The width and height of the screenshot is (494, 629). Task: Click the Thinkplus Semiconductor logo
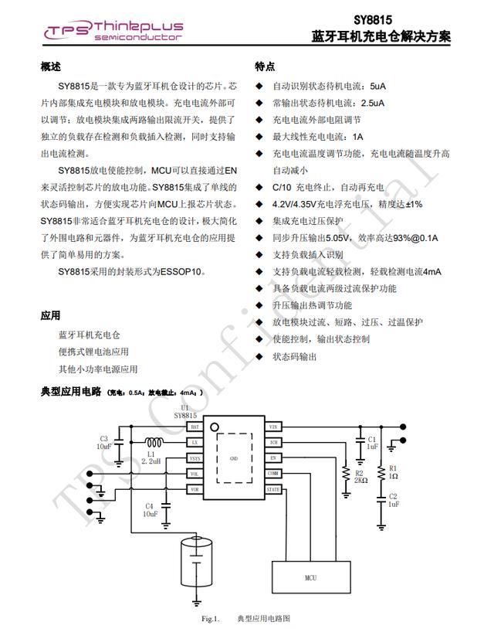click(x=113, y=30)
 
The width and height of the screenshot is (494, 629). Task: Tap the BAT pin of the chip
click(x=195, y=427)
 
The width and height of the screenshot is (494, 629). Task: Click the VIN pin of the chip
click(x=273, y=427)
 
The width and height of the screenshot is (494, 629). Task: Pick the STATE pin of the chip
click(x=273, y=489)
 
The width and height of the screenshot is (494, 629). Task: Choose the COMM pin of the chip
click(x=273, y=474)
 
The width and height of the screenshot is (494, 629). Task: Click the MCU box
click(x=310, y=577)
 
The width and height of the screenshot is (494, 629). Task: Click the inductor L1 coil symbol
click(x=154, y=443)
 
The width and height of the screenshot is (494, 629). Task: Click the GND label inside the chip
click(x=234, y=458)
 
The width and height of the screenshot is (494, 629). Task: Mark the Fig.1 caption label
click(x=211, y=619)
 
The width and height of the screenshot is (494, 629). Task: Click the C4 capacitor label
click(x=151, y=509)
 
